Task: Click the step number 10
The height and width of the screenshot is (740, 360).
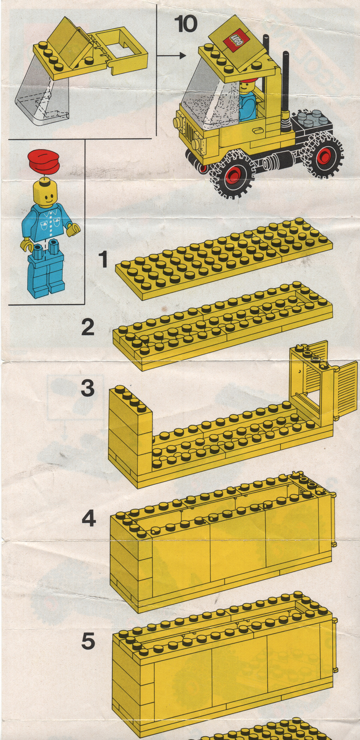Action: click(185, 24)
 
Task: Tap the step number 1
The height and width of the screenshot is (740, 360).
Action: click(103, 259)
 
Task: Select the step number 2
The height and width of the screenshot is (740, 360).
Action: click(88, 327)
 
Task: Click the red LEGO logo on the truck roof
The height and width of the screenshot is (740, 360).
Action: click(237, 41)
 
